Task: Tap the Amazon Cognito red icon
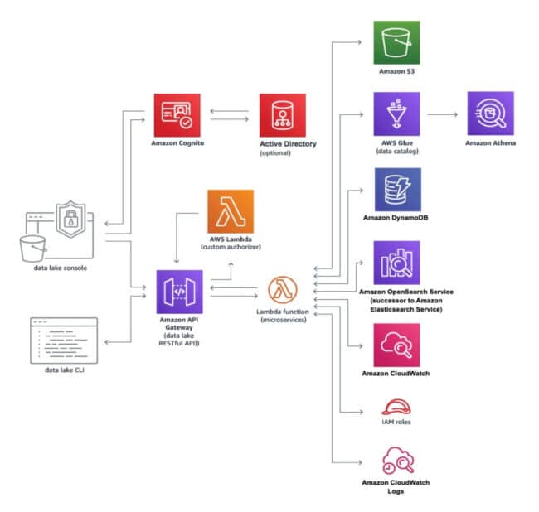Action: [177, 115]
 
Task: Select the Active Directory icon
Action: [283, 116]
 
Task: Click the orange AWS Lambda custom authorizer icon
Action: [231, 211]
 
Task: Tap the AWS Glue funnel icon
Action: [397, 114]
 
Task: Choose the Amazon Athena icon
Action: [491, 114]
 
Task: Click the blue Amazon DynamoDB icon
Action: [397, 190]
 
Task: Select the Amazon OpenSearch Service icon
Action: [397, 263]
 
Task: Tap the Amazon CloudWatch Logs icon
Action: [396, 460]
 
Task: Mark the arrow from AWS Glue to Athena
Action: [444, 115]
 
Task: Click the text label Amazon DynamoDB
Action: [397, 218]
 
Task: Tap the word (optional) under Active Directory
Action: [275, 153]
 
